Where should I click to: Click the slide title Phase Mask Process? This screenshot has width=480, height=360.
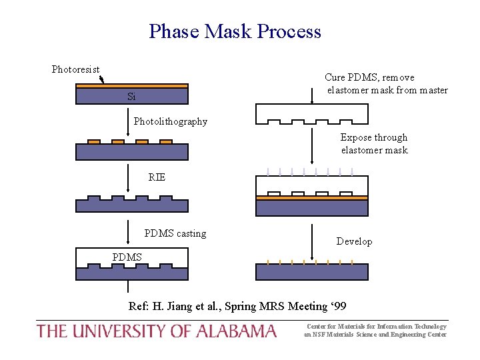[235, 31]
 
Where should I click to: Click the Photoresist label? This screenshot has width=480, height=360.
[75, 69]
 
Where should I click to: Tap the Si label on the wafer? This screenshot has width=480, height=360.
[131, 97]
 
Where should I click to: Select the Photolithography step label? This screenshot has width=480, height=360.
[170, 121]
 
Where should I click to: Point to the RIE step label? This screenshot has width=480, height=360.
[157, 177]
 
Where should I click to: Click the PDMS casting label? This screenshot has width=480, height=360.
[175, 233]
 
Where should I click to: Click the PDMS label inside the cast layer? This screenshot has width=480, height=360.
[127, 257]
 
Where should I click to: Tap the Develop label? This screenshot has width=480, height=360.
[354, 241]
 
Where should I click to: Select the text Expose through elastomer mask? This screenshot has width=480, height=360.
[374, 143]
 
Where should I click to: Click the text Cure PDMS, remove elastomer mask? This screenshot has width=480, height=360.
[386, 84]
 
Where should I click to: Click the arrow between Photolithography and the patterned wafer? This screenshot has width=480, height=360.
[129, 123]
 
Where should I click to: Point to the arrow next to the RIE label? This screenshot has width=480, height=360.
[129, 179]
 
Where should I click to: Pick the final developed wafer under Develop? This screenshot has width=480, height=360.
[312, 271]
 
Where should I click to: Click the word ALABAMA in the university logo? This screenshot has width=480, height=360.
[237, 331]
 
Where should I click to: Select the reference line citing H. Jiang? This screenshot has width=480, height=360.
[237, 306]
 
